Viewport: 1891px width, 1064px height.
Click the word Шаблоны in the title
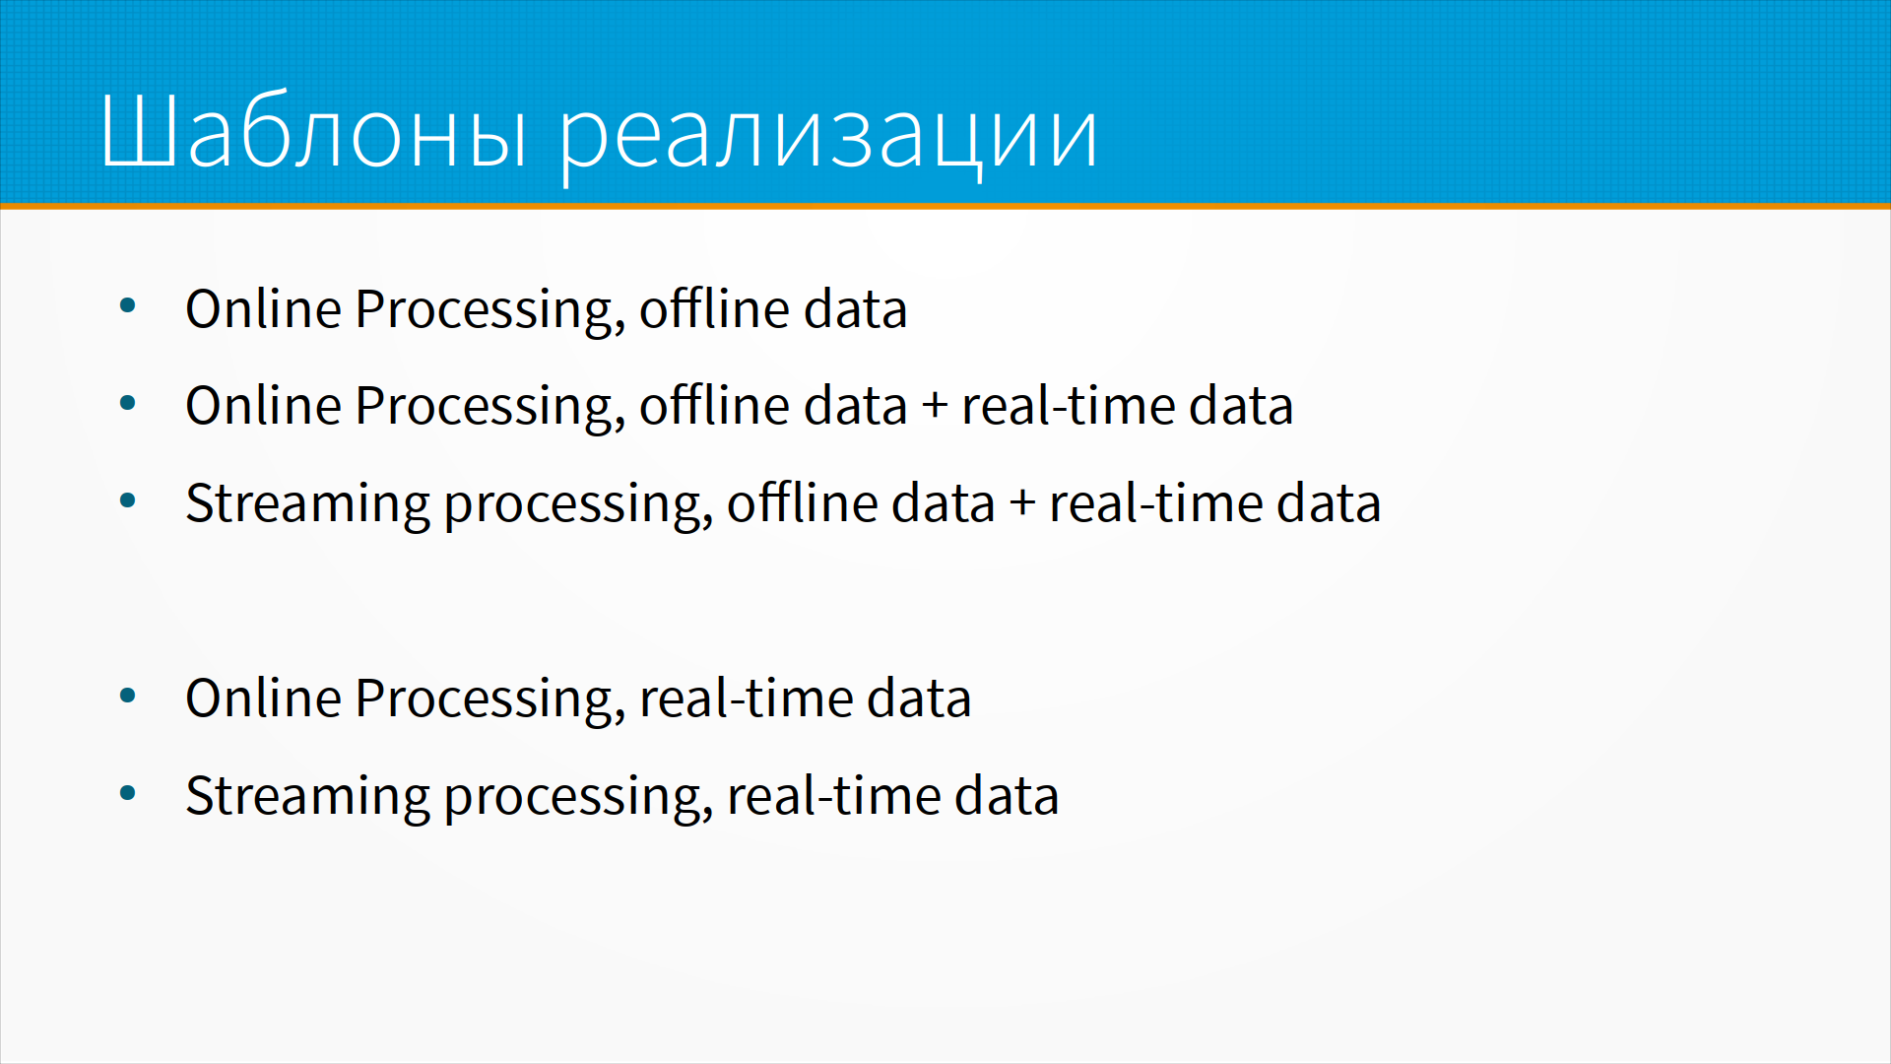coord(314,132)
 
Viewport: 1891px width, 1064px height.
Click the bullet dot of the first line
coord(127,305)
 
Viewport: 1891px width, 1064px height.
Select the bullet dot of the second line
coord(127,403)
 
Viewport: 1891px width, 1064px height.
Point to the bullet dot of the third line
coord(127,500)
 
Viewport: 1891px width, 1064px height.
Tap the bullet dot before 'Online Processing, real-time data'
coord(127,696)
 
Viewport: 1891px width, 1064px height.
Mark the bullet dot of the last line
coord(127,793)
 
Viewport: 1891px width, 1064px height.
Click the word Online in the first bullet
coord(263,308)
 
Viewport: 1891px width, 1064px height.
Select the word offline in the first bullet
coord(714,308)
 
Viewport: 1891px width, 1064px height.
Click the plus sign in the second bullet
coord(935,407)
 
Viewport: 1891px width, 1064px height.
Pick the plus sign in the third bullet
coord(1022,504)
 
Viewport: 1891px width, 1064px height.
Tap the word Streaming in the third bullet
coord(307,505)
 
